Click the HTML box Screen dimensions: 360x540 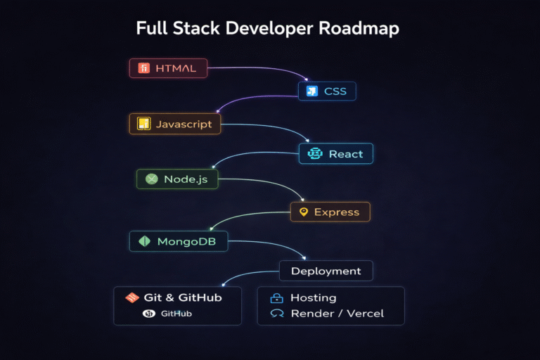pyautogui.click(x=169, y=68)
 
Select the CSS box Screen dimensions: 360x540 pyautogui.click(x=327, y=91)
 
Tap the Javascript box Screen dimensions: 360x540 pyautogui.click(x=175, y=124)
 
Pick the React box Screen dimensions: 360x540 pyautogui.click(x=336, y=154)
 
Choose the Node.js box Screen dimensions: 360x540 pyautogui.click(x=176, y=179)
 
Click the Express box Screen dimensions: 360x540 pyautogui.click(x=330, y=212)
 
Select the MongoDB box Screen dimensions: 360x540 pyautogui.click(x=179, y=241)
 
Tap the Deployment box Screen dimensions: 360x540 pyautogui.click(x=326, y=271)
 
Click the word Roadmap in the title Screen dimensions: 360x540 pyautogui.click(x=359, y=29)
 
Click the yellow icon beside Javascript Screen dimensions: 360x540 pyautogui.click(x=143, y=124)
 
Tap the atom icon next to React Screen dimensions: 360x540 pyautogui.click(x=314, y=154)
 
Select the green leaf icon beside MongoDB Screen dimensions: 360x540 pyautogui.click(x=144, y=241)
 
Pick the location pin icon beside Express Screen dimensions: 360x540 pyautogui.click(x=304, y=212)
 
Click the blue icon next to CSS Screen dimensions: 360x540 pyautogui.click(x=311, y=91)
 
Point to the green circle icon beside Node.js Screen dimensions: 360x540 pyautogui.click(x=150, y=179)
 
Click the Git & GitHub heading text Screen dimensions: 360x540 pyautogui.click(x=183, y=297)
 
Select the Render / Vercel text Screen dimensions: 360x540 pyautogui.click(x=337, y=314)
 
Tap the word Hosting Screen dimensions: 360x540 pyautogui.click(x=314, y=297)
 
